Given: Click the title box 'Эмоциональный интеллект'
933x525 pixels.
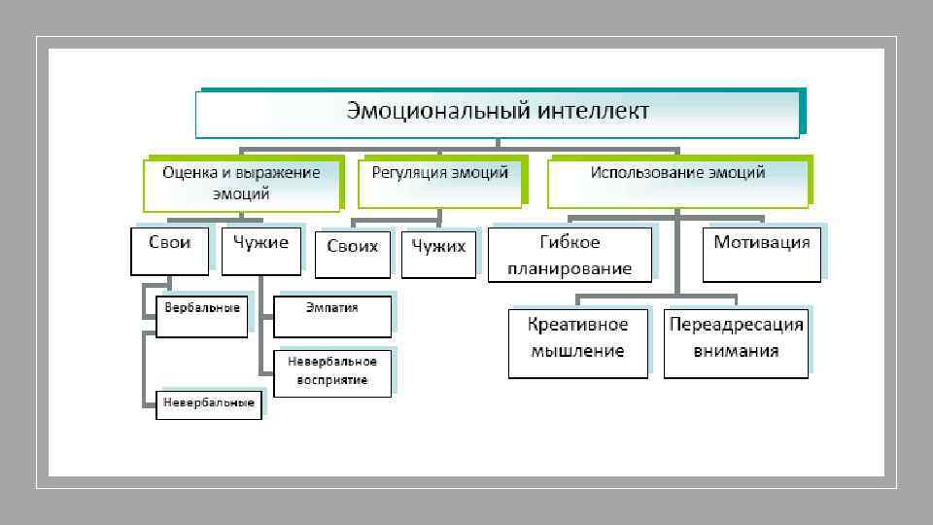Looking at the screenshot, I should click(x=498, y=114).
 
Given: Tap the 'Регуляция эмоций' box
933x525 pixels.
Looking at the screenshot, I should click(x=439, y=182).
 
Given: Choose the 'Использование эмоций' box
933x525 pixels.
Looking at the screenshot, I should click(x=677, y=182).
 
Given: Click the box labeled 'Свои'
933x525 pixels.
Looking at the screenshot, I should click(x=169, y=250).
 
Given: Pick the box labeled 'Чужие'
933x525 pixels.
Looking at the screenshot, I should click(x=260, y=250).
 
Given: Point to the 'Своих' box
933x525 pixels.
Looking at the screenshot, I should click(x=353, y=254).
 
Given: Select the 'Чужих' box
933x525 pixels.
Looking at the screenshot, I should click(x=438, y=254).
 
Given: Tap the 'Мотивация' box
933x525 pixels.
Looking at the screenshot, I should click(x=761, y=253).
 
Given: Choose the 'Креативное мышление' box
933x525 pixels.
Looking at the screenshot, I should click(x=577, y=343).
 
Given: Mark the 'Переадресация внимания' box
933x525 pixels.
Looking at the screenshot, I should click(x=736, y=343).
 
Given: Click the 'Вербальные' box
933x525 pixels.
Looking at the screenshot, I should click(x=202, y=316).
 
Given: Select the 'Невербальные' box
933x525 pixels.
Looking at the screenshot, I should click(x=209, y=401).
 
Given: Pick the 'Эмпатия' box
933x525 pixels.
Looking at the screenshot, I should click(x=332, y=316).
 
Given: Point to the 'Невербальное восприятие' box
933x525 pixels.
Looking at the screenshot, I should click(x=332, y=371).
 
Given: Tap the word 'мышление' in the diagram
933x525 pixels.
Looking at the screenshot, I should click(x=577, y=351).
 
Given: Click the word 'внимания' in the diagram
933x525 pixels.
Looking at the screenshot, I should click(x=736, y=351).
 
